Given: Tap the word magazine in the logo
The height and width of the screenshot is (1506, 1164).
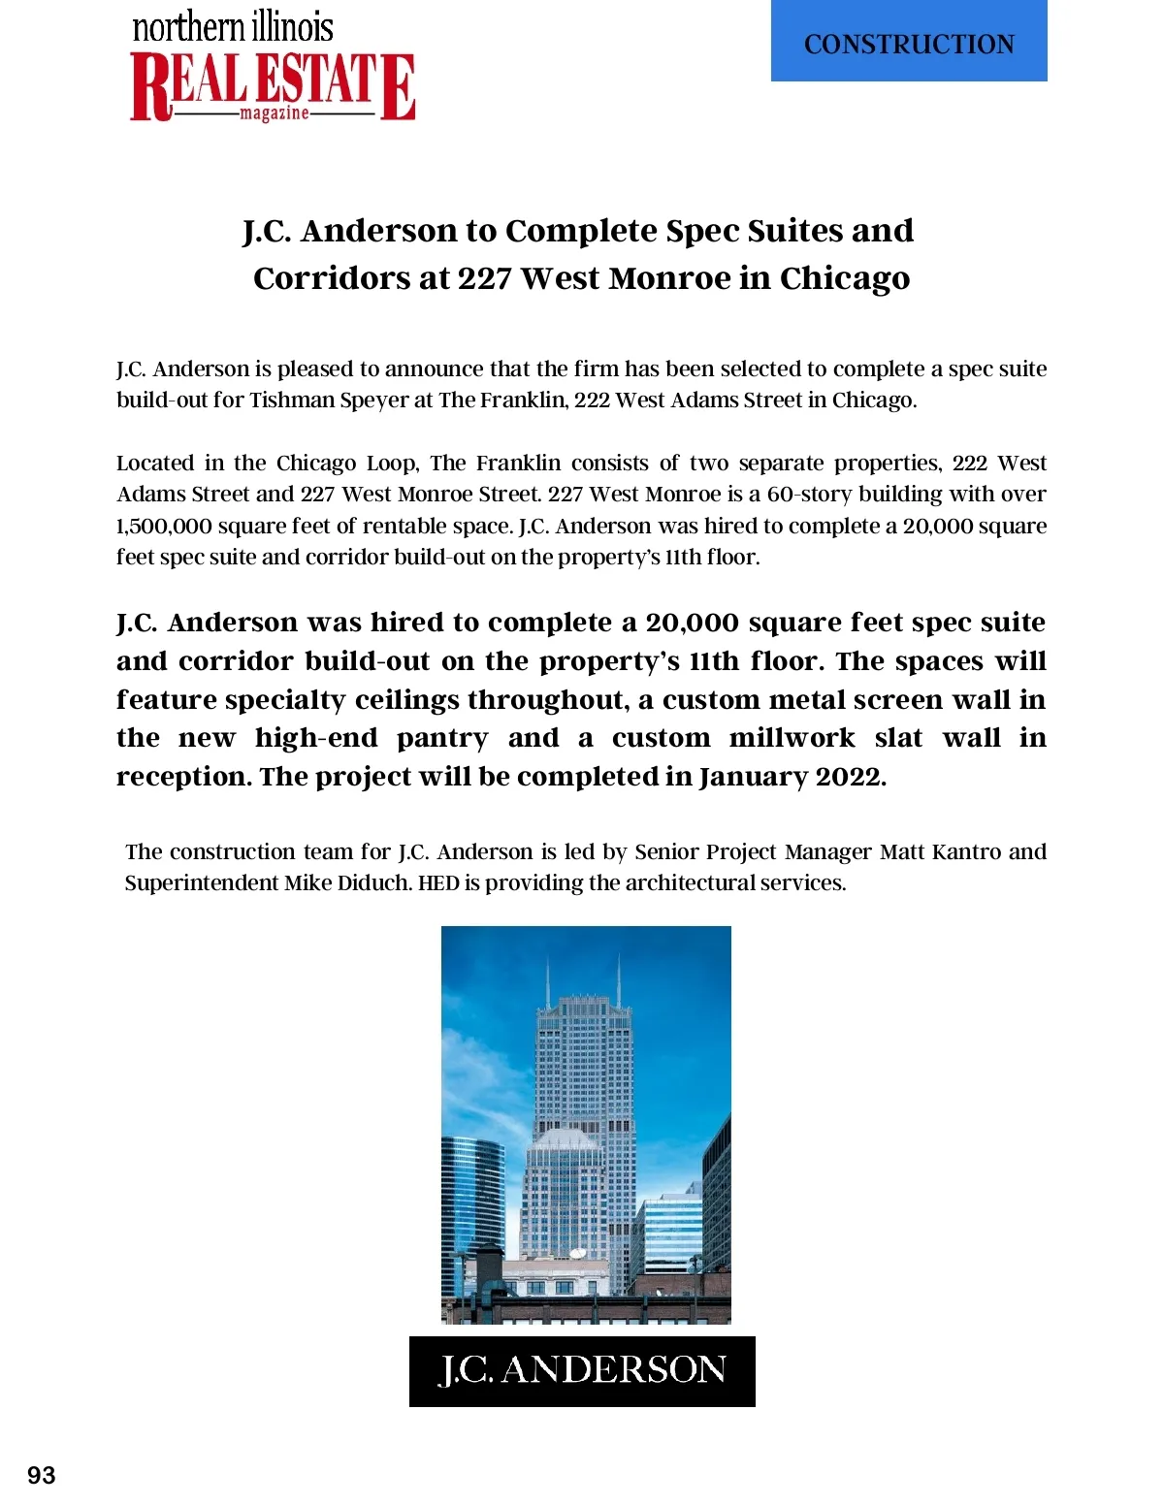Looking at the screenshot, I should (275, 113).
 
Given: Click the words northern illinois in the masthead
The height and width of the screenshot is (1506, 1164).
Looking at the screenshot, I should (233, 27).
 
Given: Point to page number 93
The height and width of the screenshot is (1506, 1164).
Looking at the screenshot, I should (42, 1475).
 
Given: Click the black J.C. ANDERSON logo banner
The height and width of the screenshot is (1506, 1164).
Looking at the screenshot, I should (582, 1371).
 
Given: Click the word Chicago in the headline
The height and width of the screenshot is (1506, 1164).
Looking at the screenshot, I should (845, 278).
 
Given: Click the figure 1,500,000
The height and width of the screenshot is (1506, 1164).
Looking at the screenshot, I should (164, 527).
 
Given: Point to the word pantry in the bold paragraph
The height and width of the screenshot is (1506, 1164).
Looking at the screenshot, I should (442, 738).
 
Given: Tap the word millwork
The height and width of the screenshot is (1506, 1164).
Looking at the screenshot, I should (792, 738).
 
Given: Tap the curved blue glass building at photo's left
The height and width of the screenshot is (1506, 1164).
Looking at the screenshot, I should (472, 1202).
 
